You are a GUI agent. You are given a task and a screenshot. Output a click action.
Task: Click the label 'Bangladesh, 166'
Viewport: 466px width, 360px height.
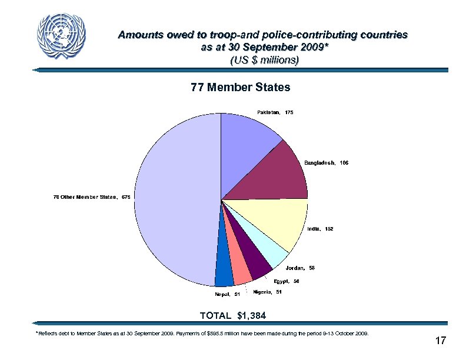[x=327, y=162]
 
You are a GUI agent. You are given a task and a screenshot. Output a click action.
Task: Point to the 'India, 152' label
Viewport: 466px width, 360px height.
[x=320, y=229]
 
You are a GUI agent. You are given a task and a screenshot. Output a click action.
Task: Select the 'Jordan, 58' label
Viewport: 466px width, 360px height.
[x=301, y=268]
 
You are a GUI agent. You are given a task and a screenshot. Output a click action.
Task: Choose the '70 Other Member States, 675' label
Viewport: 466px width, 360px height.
[x=92, y=196]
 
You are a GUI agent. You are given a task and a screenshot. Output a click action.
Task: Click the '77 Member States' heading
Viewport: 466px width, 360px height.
[x=241, y=88]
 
